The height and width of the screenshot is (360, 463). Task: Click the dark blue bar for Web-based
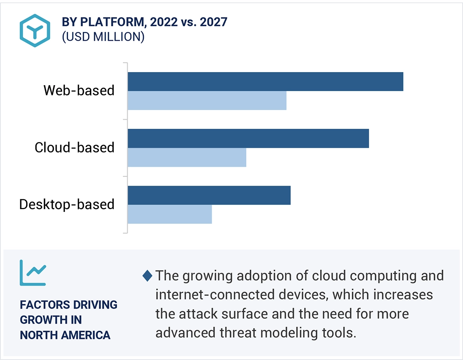(265, 82)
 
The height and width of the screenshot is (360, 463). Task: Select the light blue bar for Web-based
(207, 101)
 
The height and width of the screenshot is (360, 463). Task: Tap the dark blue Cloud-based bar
(248, 139)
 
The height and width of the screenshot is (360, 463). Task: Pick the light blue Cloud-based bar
(187, 157)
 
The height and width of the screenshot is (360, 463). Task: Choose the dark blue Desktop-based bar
(209, 195)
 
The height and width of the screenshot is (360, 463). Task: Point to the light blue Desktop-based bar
(170, 214)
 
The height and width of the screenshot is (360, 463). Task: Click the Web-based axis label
(79, 90)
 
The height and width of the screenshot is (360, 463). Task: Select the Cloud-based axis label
(74, 147)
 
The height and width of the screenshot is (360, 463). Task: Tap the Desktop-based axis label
(67, 204)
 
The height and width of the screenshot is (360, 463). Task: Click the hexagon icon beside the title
(35, 30)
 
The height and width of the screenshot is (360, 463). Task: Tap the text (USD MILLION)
(103, 37)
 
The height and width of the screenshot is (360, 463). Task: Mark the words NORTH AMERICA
(65, 335)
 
